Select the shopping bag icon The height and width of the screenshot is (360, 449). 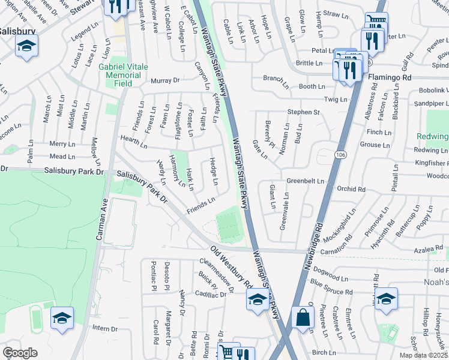point(303,318)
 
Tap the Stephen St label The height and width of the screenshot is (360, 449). point(303,112)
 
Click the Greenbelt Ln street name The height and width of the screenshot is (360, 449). point(305,181)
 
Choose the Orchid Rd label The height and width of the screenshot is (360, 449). point(351,188)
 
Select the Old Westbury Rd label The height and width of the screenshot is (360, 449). point(230,265)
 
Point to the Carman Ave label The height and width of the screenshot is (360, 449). point(100,220)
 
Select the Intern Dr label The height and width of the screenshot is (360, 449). point(105,328)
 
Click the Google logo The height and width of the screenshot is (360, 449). point(20,353)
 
